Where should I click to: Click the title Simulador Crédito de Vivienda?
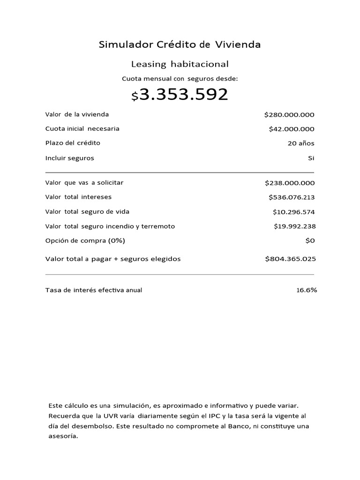coord(180,45)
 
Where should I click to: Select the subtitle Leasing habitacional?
coord(180,64)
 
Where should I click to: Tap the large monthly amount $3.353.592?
coord(180,95)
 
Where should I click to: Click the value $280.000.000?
coord(289,115)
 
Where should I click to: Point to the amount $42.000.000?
coord(292,129)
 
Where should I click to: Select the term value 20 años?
coord(301,143)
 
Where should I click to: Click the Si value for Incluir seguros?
coord(311,158)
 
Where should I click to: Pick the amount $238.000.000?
coord(290,183)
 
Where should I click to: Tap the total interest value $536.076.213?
coord(292,197)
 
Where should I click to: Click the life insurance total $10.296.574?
coord(294,212)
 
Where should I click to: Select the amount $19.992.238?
coord(294,226)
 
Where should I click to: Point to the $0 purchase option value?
coord(310,240)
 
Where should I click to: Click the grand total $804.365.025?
coord(290,259)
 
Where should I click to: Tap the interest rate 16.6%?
coord(307,290)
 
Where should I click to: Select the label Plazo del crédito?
coord(73,143)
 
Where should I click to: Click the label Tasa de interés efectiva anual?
coord(94,290)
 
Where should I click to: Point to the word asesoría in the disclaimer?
coord(63,436)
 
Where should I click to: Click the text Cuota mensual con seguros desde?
coord(180,79)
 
